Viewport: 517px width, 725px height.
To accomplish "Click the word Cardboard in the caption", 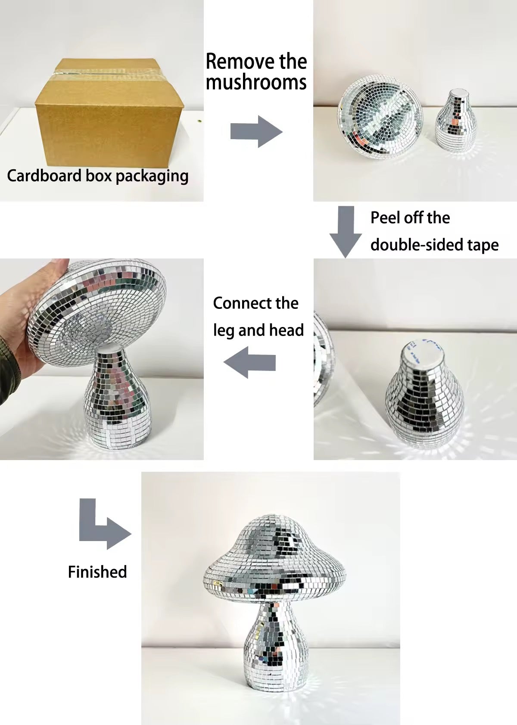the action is click(x=44, y=176).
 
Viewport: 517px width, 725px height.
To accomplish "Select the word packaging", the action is click(x=152, y=177).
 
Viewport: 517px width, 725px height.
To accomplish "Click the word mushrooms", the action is click(x=256, y=82).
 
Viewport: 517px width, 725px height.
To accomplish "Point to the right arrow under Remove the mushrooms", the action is click(x=256, y=132).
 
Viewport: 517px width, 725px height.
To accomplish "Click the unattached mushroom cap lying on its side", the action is click(x=380, y=117).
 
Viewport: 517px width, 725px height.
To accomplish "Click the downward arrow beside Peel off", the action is click(x=346, y=232).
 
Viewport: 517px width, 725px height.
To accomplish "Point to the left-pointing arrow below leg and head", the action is click(x=249, y=362).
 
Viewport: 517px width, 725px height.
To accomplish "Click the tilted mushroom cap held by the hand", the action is click(x=97, y=312).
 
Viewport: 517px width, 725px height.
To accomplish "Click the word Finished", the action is click(x=97, y=572).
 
